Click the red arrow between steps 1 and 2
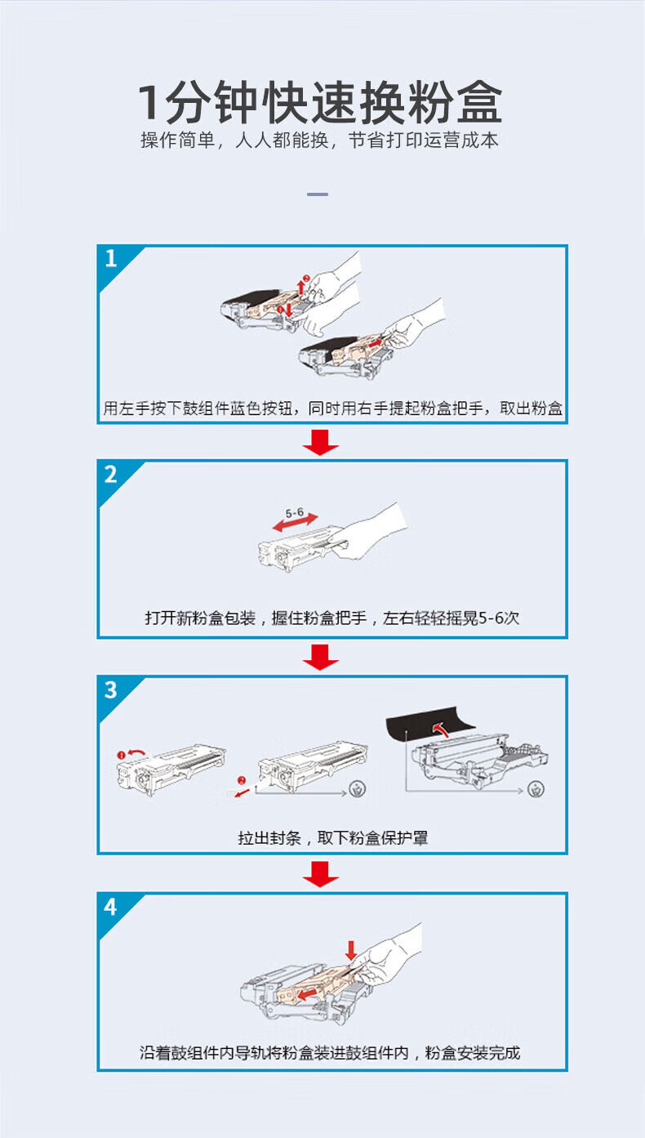(x=321, y=442)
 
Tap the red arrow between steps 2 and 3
(x=321, y=658)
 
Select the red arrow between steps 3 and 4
(x=321, y=874)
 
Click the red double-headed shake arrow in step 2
(x=295, y=523)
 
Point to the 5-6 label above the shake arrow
(x=295, y=512)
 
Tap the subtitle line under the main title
(x=319, y=141)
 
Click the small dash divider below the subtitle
(x=318, y=194)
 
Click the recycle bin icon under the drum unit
(x=536, y=790)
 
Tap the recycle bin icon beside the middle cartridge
(x=358, y=789)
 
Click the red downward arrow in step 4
(x=351, y=950)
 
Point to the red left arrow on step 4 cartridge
(x=309, y=993)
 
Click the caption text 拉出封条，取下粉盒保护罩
(x=332, y=837)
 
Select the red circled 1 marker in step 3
(x=121, y=756)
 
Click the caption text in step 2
(x=332, y=618)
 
